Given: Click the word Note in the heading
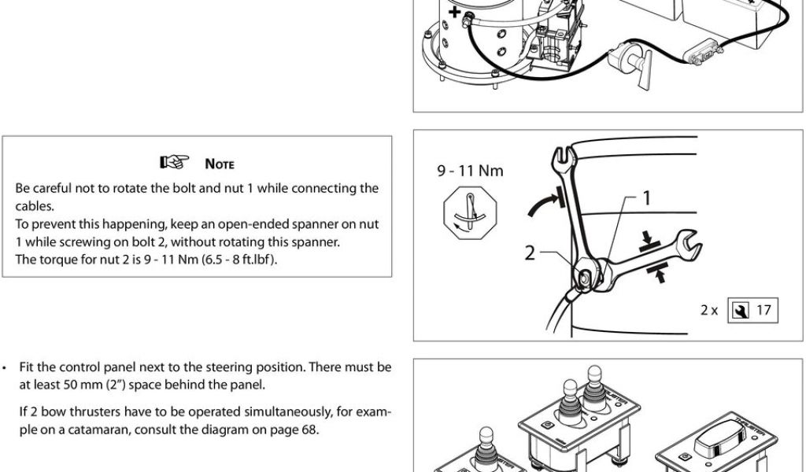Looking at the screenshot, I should [220, 164].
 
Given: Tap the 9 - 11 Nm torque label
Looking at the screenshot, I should [471, 171].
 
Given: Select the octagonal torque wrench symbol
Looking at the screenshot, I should [470, 213].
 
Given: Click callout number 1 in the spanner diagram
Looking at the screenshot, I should [646, 197].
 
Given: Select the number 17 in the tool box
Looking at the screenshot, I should [763, 310].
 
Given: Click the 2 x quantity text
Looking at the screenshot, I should [709, 310].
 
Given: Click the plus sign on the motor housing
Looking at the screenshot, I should [454, 13].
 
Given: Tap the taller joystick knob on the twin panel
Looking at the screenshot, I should [571, 392].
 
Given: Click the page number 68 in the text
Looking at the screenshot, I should [309, 429].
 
